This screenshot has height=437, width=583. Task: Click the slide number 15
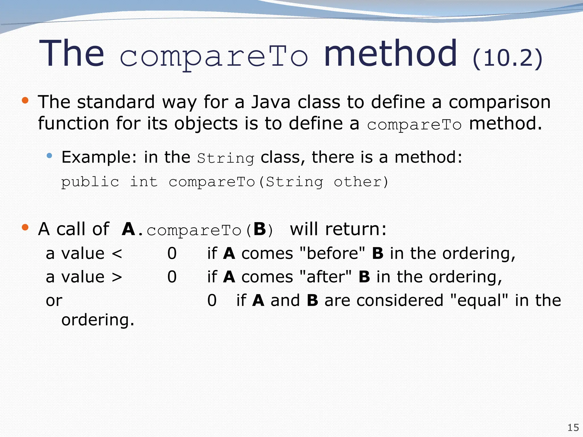tap(573, 428)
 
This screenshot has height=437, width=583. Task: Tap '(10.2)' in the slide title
tap(507, 58)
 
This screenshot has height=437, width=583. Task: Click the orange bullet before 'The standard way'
tap(25, 100)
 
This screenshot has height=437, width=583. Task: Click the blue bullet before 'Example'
tap(50, 155)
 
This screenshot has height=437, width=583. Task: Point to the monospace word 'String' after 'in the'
tap(225, 158)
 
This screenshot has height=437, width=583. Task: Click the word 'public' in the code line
tap(90, 182)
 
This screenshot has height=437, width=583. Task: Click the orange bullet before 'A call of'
tap(25, 227)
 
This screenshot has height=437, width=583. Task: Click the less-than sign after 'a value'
tap(117, 253)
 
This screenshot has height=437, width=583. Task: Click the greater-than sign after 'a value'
tap(117, 277)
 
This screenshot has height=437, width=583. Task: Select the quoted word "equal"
tap(479, 300)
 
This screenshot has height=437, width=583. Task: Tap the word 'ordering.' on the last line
tap(98, 320)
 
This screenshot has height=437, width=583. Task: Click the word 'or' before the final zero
tap(54, 301)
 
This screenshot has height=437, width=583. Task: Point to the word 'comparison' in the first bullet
tap(500, 102)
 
